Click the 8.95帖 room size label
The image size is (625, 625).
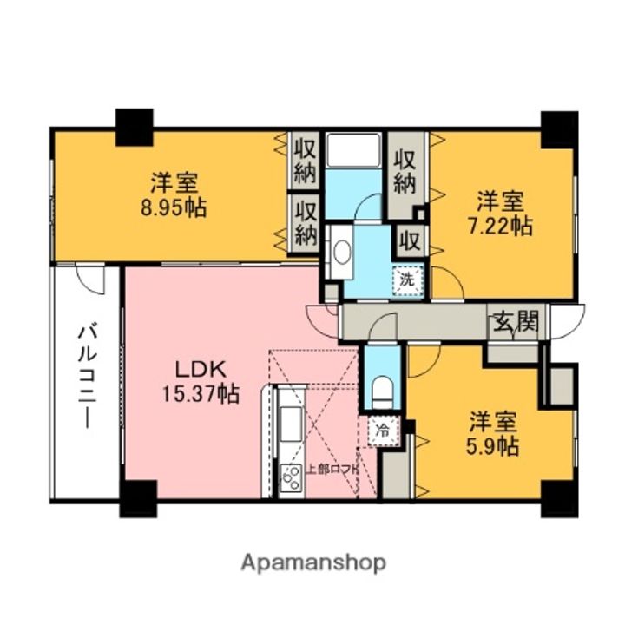[x=176, y=209]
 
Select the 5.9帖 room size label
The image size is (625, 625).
[x=496, y=446]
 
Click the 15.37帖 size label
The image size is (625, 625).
[x=200, y=393]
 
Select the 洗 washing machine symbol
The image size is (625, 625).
[x=406, y=280]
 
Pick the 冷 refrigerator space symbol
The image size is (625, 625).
[x=383, y=429]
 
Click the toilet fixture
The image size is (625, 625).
[x=382, y=391]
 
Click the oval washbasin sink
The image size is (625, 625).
[x=342, y=253]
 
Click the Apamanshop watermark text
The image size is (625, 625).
[x=313, y=562]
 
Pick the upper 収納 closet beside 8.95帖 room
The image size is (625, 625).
[x=304, y=161]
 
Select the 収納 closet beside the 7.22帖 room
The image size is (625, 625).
[x=405, y=172]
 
